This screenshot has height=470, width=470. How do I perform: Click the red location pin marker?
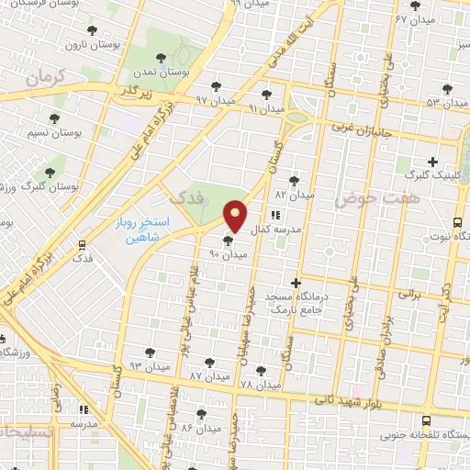point(236,217)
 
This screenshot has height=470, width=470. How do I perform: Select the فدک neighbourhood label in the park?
point(186,195)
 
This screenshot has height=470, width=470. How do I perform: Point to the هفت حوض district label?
point(363,197)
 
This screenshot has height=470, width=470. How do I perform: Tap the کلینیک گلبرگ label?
point(430,173)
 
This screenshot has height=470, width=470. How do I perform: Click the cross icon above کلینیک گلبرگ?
point(431,162)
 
